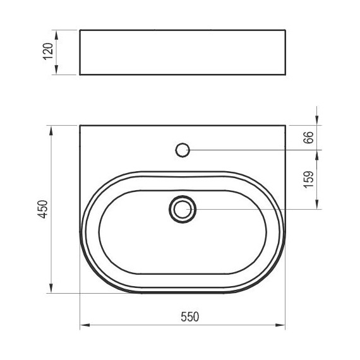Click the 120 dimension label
pos(48,51)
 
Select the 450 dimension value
pos(43,209)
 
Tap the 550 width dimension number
pos(189,317)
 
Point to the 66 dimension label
pos(308,138)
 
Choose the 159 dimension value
pos(308,179)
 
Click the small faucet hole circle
pos(183,150)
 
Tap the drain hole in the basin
pos(183,209)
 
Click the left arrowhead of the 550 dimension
pos(85,325)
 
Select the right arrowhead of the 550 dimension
pos(280,325)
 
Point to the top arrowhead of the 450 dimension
pos(51,130)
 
